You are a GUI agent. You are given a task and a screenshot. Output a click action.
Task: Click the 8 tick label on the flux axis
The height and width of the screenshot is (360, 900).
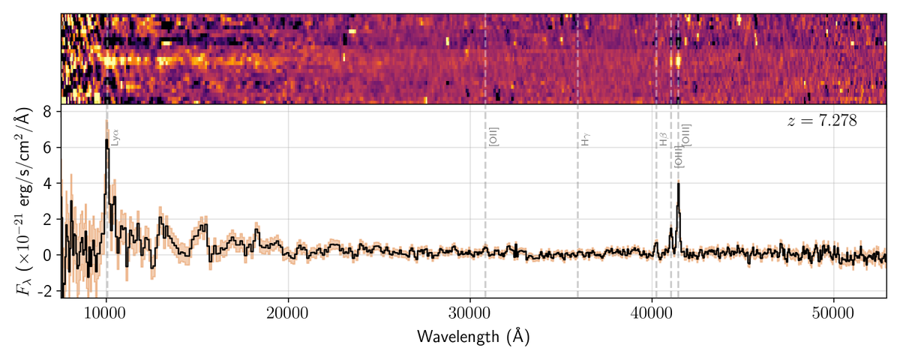coord(46,111)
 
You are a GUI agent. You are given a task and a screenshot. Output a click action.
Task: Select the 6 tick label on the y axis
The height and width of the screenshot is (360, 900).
coord(46,147)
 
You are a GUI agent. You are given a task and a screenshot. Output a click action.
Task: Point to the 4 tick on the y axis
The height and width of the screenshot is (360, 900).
coord(46,183)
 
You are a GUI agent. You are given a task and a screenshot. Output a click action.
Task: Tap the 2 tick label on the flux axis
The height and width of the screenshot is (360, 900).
coord(46,219)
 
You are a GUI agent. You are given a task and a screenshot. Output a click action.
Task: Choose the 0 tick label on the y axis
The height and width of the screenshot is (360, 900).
coord(46,255)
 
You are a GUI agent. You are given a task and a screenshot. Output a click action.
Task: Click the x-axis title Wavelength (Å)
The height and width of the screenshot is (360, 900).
coord(473,337)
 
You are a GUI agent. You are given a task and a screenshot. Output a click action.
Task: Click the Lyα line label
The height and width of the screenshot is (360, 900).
coord(115,136)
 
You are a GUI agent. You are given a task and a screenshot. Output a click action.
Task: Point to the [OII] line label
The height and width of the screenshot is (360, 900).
coord(493,136)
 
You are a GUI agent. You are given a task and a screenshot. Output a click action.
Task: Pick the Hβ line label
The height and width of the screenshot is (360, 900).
coord(664,139)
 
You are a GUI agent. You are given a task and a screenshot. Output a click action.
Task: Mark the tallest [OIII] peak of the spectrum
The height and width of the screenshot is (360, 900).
coord(678,184)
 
